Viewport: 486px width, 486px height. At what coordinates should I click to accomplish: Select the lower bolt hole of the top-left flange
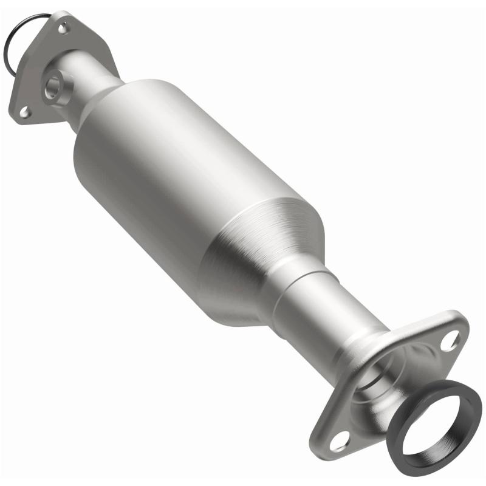[x=24, y=112]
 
